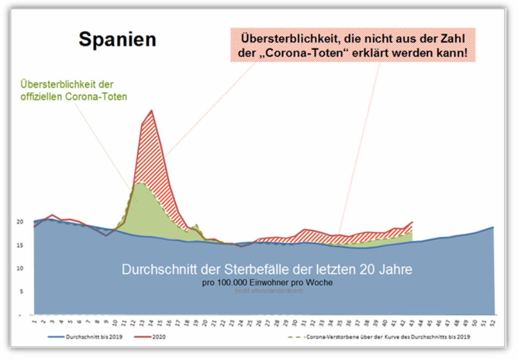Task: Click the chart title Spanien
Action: pos(117,39)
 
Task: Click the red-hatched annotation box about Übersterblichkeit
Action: pos(353,46)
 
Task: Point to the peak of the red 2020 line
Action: pos(151,110)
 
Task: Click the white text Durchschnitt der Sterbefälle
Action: pos(267,269)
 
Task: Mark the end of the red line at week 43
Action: pos(412,221)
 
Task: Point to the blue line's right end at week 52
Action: pos(493,227)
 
